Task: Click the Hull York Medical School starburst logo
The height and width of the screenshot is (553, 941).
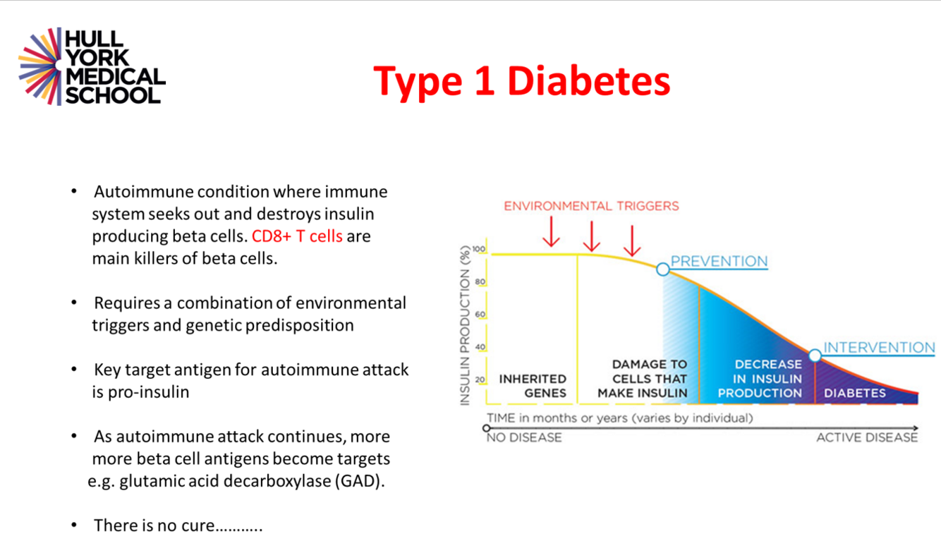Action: (x=40, y=66)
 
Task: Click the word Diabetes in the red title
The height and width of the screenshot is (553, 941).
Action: (x=588, y=80)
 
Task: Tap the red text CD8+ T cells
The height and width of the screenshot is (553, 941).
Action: (x=297, y=236)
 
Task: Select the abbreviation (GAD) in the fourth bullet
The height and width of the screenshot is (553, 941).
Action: (x=360, y=481)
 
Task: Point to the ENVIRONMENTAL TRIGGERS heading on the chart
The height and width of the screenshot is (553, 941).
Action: (x=591, y=206)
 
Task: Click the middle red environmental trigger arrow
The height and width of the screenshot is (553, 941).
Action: (x=592, y=236)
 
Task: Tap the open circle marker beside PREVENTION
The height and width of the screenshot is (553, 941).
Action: (x=663, y=269)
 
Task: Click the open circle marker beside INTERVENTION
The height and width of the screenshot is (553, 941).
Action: (x=815, y=355)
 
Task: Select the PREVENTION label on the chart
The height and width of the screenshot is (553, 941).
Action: (x=720, y=262)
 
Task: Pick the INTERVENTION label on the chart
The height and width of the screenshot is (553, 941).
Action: (x=879, y=348)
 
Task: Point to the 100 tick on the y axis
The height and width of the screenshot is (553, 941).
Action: (x=479, y=249)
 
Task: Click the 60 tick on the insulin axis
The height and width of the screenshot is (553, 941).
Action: (x=480, y=315)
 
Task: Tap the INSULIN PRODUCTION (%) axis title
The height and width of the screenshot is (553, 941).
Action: (x=465, y=326)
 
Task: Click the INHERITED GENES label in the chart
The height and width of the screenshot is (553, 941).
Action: (x=533, y=386)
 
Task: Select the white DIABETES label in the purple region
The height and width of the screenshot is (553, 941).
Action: (x=855, y=393)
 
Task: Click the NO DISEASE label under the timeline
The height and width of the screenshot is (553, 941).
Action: (x=524, y=437)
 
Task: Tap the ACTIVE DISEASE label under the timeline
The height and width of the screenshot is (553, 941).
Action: (x=867, y=437)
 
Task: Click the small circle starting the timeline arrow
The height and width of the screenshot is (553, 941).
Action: (x=487, y=428)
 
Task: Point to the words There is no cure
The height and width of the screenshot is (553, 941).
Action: (x=154, y=525)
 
